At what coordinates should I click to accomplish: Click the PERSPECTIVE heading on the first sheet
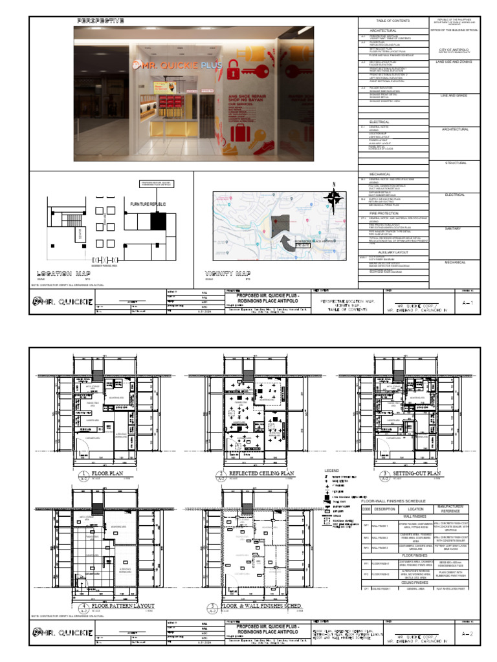coord(100,21)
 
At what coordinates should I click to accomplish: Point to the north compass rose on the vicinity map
coord(334,199)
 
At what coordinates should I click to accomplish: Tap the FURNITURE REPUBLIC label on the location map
coord(148,204)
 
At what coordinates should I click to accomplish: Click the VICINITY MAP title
coord(228,273)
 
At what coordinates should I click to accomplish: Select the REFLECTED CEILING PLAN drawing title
coord(258,474)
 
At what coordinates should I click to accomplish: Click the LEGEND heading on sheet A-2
coord(331,470)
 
